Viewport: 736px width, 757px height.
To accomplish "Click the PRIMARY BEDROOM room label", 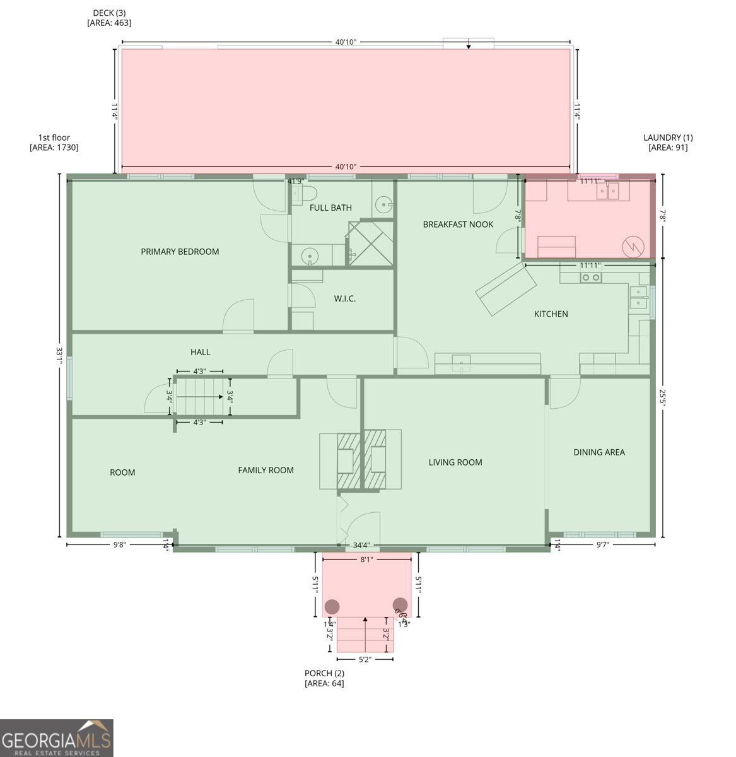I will (x=180, y=252).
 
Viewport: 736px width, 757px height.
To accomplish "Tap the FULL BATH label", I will (x=330, y=208).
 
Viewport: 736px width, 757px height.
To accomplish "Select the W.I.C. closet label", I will (x=344, y=298).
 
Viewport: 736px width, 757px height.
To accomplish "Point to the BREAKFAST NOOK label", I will (x=458, y=225).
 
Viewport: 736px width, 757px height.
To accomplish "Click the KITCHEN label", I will (x=551, y=314).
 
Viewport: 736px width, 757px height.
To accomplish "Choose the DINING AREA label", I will (x=599, y=452).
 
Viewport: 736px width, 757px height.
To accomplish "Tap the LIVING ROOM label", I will (x=455, y=462).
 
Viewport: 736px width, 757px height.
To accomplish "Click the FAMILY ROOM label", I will (x=266, y=470).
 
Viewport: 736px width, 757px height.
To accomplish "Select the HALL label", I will (x=201, y=352).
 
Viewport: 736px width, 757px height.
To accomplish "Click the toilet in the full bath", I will (x=306, y=192).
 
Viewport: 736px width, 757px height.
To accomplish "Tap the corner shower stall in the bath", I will (x=370, y=244).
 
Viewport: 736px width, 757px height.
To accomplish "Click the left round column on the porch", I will (x=332, y=607).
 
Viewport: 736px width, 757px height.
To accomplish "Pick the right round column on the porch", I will (x=400, y=604).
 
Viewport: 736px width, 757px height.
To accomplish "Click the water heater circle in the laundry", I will (x=632, y=247).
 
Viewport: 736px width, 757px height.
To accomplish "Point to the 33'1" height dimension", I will (x=59, y=356).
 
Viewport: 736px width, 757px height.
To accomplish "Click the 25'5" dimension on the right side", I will (x=662, y=397).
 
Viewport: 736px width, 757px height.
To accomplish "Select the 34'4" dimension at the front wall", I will (x=361, y=545).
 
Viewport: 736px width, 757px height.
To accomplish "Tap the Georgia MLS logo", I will (x=57, y=738).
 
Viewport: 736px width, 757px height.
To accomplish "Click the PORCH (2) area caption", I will (x=324, y=678).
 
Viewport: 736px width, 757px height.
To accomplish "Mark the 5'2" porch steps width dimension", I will (x=365, y=660).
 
